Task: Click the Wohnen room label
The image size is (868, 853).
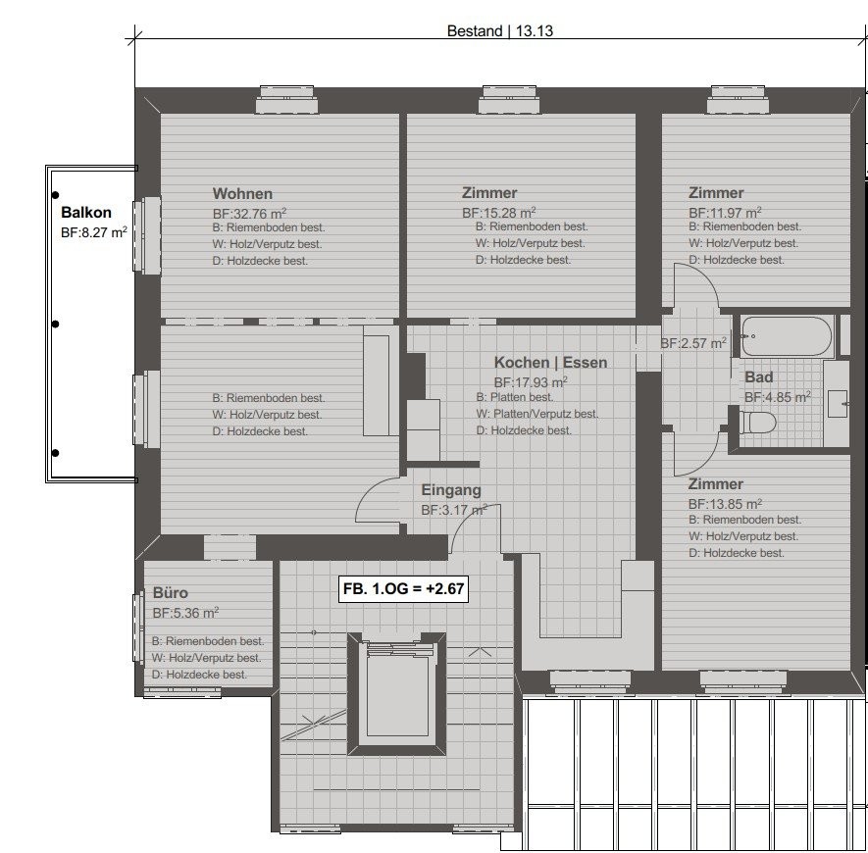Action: point(242,194)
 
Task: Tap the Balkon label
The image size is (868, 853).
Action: point(86,213)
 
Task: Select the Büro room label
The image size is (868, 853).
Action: point(171,593)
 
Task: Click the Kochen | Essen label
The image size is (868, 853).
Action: point(551,363)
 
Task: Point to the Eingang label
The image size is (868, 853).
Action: point(451,490)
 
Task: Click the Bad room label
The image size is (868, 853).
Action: point(759,377)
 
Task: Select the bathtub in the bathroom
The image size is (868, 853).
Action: point(786,336)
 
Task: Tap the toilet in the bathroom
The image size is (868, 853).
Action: point(757,423)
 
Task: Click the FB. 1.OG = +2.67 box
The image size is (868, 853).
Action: point(403,588)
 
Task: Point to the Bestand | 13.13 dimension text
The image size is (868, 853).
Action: point(500,31)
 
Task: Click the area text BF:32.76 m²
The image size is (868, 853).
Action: point(250,213)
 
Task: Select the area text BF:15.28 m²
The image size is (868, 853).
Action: point(499,212)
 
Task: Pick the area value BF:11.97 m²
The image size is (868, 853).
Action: point(725,213)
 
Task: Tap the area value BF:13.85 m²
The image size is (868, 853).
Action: point(725,504)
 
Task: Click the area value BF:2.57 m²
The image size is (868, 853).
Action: point(693,343)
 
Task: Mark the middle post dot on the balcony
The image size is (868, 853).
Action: point(55,324)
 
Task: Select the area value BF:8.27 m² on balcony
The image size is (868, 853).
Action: point(94,232)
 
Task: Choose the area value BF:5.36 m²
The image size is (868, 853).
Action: point(186,613)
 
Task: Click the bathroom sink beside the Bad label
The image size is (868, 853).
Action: point(837,403)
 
